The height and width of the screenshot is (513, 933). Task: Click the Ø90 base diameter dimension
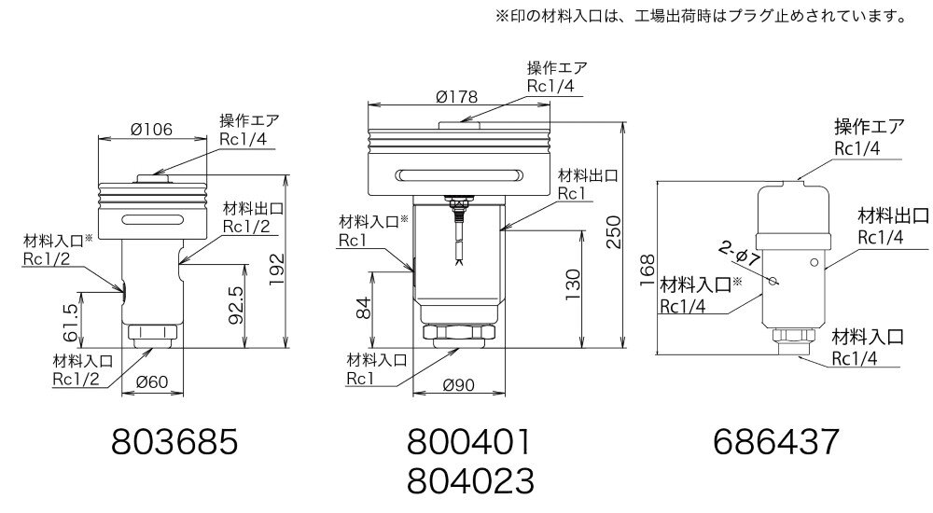click(x=458, y=384)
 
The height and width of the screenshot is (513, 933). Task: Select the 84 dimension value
click(x=367, y=308)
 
